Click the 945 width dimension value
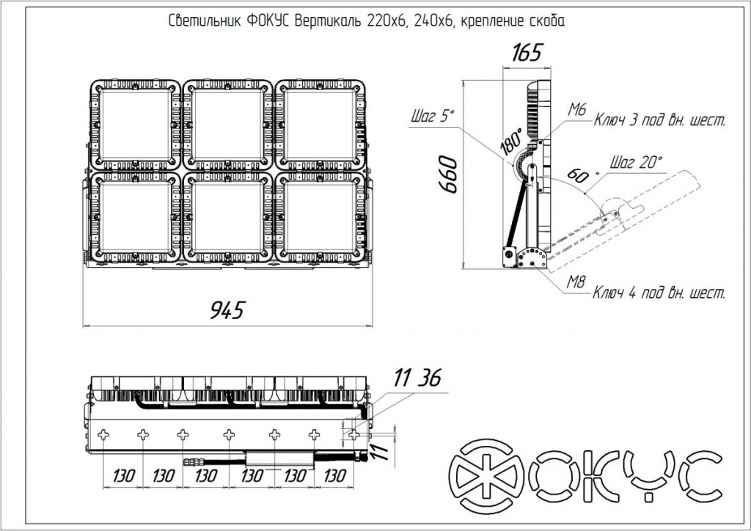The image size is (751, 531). click(227, 310)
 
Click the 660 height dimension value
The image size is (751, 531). click(449, 174)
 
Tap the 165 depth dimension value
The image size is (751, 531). click(527, 53)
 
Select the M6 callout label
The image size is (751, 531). click(577, 110)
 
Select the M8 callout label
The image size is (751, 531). click(576, 282)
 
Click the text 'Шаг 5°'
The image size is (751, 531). click(431, 116)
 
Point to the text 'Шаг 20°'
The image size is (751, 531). click(636, 162)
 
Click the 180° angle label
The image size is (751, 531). click(511, 142)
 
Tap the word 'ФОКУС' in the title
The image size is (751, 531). click(268, 21)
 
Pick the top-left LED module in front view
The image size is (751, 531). click(136, 125)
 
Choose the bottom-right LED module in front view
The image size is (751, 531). click(320, 217)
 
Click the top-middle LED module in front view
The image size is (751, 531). click(228, 125)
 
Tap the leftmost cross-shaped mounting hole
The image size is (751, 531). click(103, 435)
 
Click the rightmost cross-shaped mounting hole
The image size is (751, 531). click(354, 435)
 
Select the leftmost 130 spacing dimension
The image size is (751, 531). click(123, 476)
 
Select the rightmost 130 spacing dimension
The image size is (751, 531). click(334, 475)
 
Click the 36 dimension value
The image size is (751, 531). click(429, 378)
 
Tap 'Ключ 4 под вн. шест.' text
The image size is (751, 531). click(659, 292)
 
